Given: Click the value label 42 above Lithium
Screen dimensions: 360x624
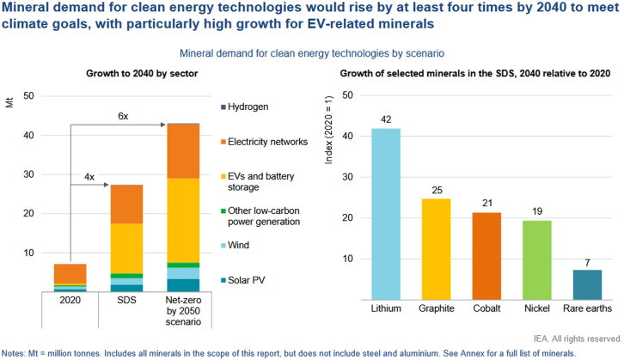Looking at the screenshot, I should click(x=386, y=120).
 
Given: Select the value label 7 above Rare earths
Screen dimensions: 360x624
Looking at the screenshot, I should click(x=587, y=262).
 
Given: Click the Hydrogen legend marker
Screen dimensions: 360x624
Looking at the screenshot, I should click(x=223, y=107).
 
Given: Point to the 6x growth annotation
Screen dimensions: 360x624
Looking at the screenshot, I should click(x=124, y=115).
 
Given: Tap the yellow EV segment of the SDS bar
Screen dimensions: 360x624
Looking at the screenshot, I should click(x=126, y=248).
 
